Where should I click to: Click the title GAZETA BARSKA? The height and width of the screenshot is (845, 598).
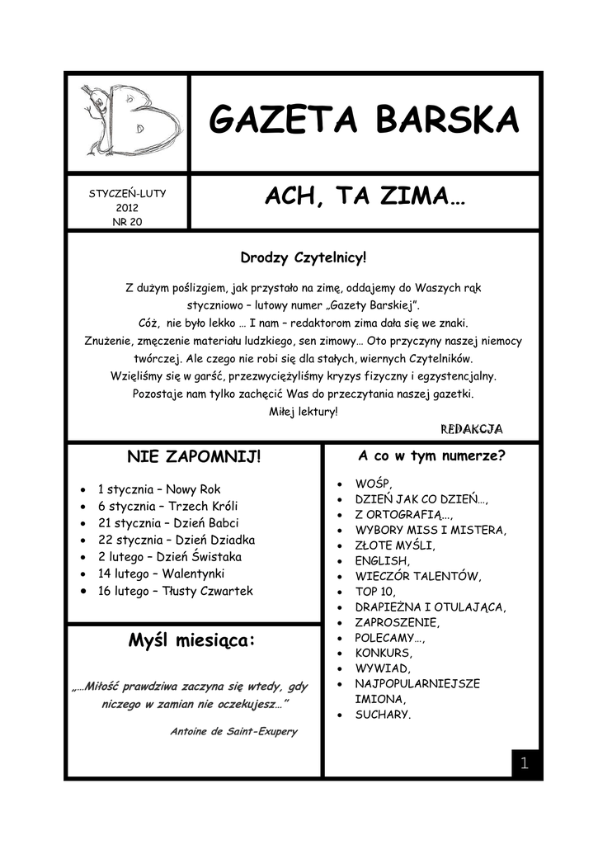tap(364, 120)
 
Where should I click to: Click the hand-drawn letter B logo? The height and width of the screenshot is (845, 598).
tap(129, 120)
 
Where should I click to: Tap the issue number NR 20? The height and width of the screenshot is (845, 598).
tap(128, 221)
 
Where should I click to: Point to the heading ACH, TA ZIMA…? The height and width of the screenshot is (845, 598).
tap(364, 198)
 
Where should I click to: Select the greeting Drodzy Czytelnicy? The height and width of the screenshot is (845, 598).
tap(303, 259)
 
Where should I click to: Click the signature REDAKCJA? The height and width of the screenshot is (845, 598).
tap(471, 429)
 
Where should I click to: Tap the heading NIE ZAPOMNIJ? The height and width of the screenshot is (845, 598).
tap(193, 457)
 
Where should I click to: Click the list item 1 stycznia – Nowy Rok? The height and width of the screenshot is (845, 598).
tap(159, 489)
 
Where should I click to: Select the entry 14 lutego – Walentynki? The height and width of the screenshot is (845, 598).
tap(161, 574)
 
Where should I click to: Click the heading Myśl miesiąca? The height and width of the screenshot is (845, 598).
tap(192, 641)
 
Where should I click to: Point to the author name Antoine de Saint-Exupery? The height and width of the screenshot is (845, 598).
tap(233, 731)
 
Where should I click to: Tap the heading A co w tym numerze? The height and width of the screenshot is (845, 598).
tap(431, 456)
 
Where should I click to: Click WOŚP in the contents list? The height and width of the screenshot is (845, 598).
tap(374, 484)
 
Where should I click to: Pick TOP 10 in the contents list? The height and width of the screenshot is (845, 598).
tap(375, 592)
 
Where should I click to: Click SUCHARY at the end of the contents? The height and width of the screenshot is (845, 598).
tap(383, 715)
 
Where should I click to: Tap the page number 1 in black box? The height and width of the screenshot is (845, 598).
tap(523, 764)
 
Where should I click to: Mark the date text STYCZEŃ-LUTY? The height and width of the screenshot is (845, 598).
tap(128, 193)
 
